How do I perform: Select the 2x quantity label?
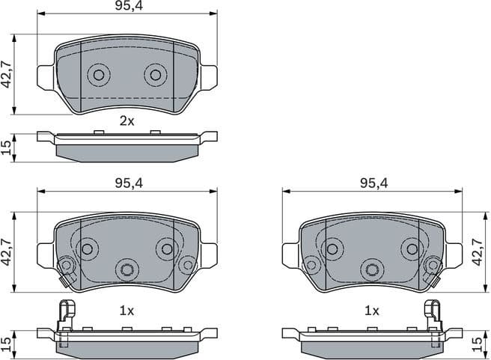[x=127, y=120]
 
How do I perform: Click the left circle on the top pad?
[x=99, y=74]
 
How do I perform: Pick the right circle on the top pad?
[x=155, y=74]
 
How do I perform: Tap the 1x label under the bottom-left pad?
[x=127, y=309]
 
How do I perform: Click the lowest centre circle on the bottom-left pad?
[x=127, y=269]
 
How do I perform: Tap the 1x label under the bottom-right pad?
[x=371, y=309]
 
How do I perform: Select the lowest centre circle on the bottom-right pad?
[x=371, y=269]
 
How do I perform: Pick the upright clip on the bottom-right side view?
[x=433, y=314]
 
